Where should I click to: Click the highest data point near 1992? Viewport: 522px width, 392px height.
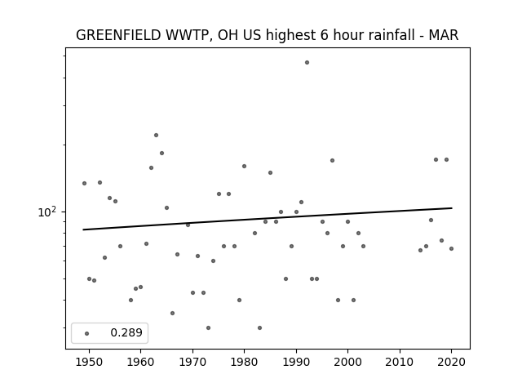307,62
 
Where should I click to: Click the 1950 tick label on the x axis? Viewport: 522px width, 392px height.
89,362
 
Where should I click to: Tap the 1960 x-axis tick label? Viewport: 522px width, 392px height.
140,362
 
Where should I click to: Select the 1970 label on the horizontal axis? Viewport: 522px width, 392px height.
192,362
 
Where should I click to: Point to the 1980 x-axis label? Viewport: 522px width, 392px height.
244,362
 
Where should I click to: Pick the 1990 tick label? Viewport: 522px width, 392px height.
296,362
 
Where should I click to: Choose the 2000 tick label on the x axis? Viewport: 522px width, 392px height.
347,362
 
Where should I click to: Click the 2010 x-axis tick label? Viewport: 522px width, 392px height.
400,362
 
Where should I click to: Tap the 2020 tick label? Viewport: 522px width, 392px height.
451,362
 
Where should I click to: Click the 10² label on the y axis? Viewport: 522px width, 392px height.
47,212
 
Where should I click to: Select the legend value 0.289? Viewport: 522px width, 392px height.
126,332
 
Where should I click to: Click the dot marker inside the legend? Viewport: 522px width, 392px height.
87,333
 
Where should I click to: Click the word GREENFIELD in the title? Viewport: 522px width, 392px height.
118,35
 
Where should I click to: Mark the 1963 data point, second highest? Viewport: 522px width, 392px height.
156,135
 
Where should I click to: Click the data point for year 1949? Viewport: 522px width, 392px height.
84,183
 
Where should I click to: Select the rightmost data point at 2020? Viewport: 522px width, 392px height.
451,248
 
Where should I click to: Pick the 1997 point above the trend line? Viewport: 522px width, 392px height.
332,160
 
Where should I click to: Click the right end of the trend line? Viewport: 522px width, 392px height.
452,208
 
